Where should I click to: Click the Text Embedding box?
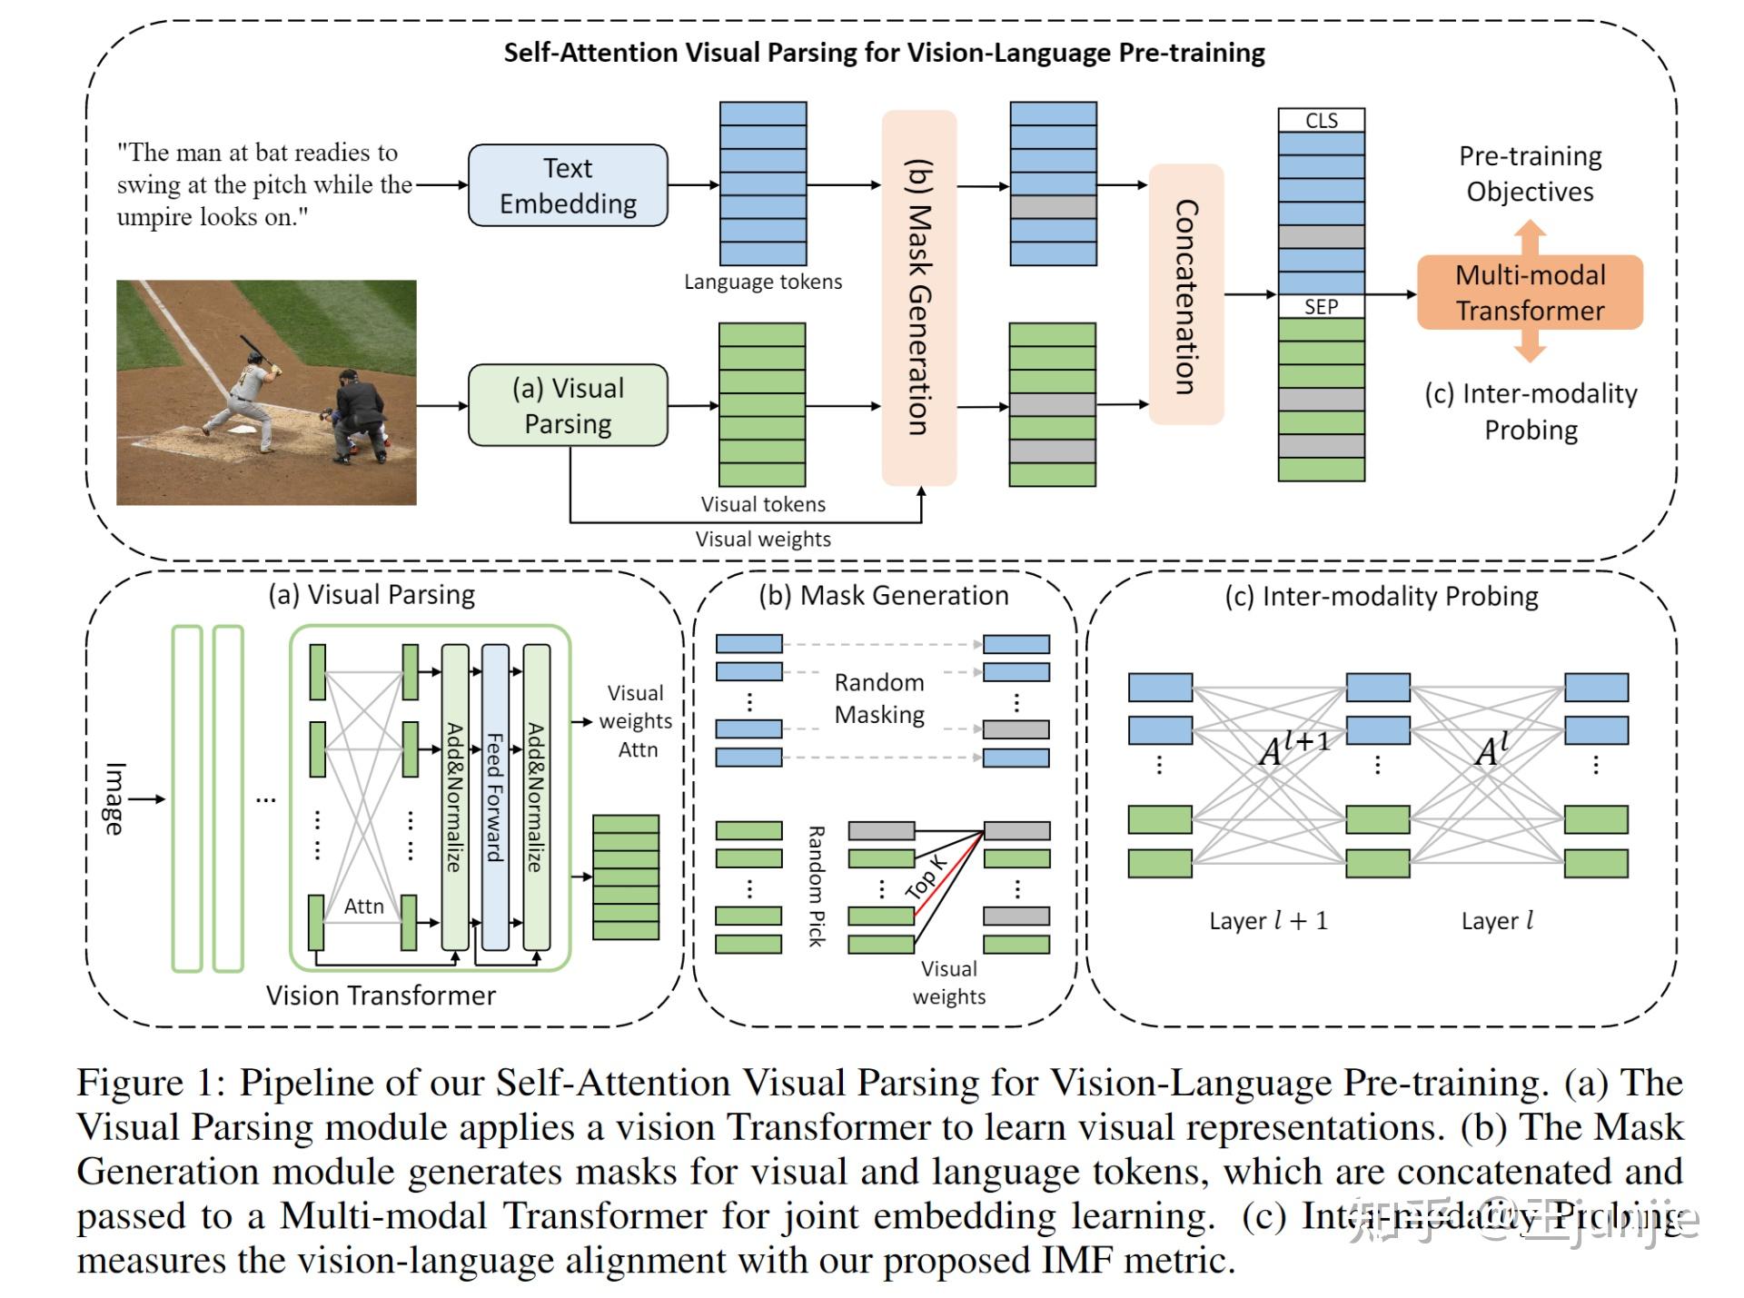coord(568,185)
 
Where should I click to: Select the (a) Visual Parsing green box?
coord(568,405)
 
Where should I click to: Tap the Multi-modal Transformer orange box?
coord(1530,292)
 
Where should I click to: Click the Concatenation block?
coord(1186,294)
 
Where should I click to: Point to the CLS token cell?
coord(1321,121)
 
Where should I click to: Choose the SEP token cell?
coord(1321,306)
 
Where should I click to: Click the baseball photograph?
coord(266,392)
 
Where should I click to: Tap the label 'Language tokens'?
coord(762,282)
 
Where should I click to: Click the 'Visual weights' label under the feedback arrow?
coord(762,539)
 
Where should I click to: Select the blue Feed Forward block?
coord(495,797)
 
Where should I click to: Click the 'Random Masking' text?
coord(879,698)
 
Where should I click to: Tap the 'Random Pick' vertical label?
coord(816,886)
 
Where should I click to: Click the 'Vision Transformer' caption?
coord(381,996)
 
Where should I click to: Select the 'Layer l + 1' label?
coord(1268,920)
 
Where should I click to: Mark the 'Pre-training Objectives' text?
coord(1530,173)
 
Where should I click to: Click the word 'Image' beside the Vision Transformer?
coord(114,798)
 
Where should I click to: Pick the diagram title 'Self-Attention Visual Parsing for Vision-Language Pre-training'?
coord(884,53)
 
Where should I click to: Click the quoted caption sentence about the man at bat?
coord(263,184)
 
